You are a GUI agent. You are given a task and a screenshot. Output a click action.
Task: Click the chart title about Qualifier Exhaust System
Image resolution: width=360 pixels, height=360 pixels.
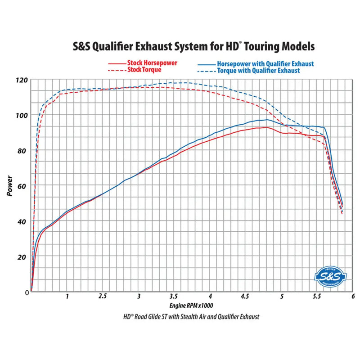click(x=193, y=46)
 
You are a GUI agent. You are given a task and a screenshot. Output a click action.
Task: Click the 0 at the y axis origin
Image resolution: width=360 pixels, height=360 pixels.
click(x=27, y=292)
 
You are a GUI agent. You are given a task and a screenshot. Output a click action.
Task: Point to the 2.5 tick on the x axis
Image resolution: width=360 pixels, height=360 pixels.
click(x=103, y=297)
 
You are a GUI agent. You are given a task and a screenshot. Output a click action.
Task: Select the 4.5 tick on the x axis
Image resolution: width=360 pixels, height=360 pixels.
click(x=246, y=297)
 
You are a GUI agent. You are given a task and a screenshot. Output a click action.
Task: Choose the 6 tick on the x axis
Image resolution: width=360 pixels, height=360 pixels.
click(x=353, y=297)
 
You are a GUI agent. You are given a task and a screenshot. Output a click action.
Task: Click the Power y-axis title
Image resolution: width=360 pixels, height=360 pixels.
click(x=10, y=185)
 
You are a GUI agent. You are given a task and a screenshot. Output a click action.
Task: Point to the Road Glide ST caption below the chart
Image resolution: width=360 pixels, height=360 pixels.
click(x=191, y=317)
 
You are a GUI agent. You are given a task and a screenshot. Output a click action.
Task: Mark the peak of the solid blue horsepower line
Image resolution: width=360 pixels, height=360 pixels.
click(x=266, y=120)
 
